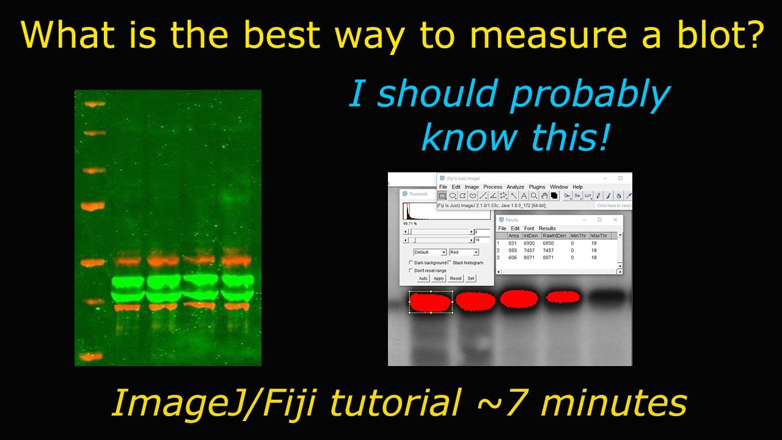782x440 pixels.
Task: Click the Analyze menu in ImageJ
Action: point(515,187)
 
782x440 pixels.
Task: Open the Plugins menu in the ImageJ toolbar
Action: point(537,187)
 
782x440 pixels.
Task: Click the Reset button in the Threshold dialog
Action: point(456,279)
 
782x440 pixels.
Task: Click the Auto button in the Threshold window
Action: point(423,279)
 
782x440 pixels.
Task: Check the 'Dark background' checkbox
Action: point(411,263)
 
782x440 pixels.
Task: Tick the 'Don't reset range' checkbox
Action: point(411,270)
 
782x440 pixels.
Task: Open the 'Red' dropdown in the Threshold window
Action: point(464,252)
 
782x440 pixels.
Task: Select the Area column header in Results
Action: point(513,236)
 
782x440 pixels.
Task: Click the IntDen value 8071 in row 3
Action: point(529,258)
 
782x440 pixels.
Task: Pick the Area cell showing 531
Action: point(512,243)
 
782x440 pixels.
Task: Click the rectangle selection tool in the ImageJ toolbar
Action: point(442,196)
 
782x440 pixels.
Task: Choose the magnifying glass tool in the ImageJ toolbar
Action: point(534,196)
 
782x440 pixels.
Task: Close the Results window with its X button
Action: point(615,220)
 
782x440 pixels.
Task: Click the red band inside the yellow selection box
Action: point(430,302)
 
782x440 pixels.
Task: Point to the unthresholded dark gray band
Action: point(607,296)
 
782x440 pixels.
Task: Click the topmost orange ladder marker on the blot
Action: point(95,105)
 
